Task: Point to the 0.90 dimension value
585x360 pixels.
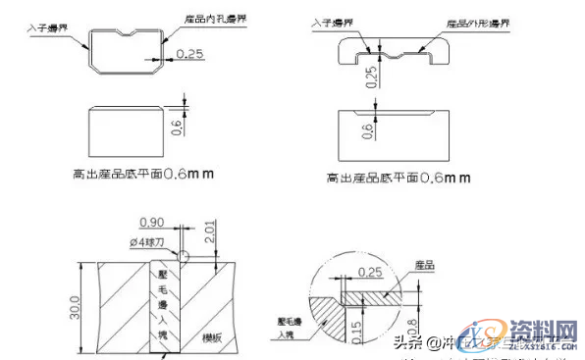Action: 152,222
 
